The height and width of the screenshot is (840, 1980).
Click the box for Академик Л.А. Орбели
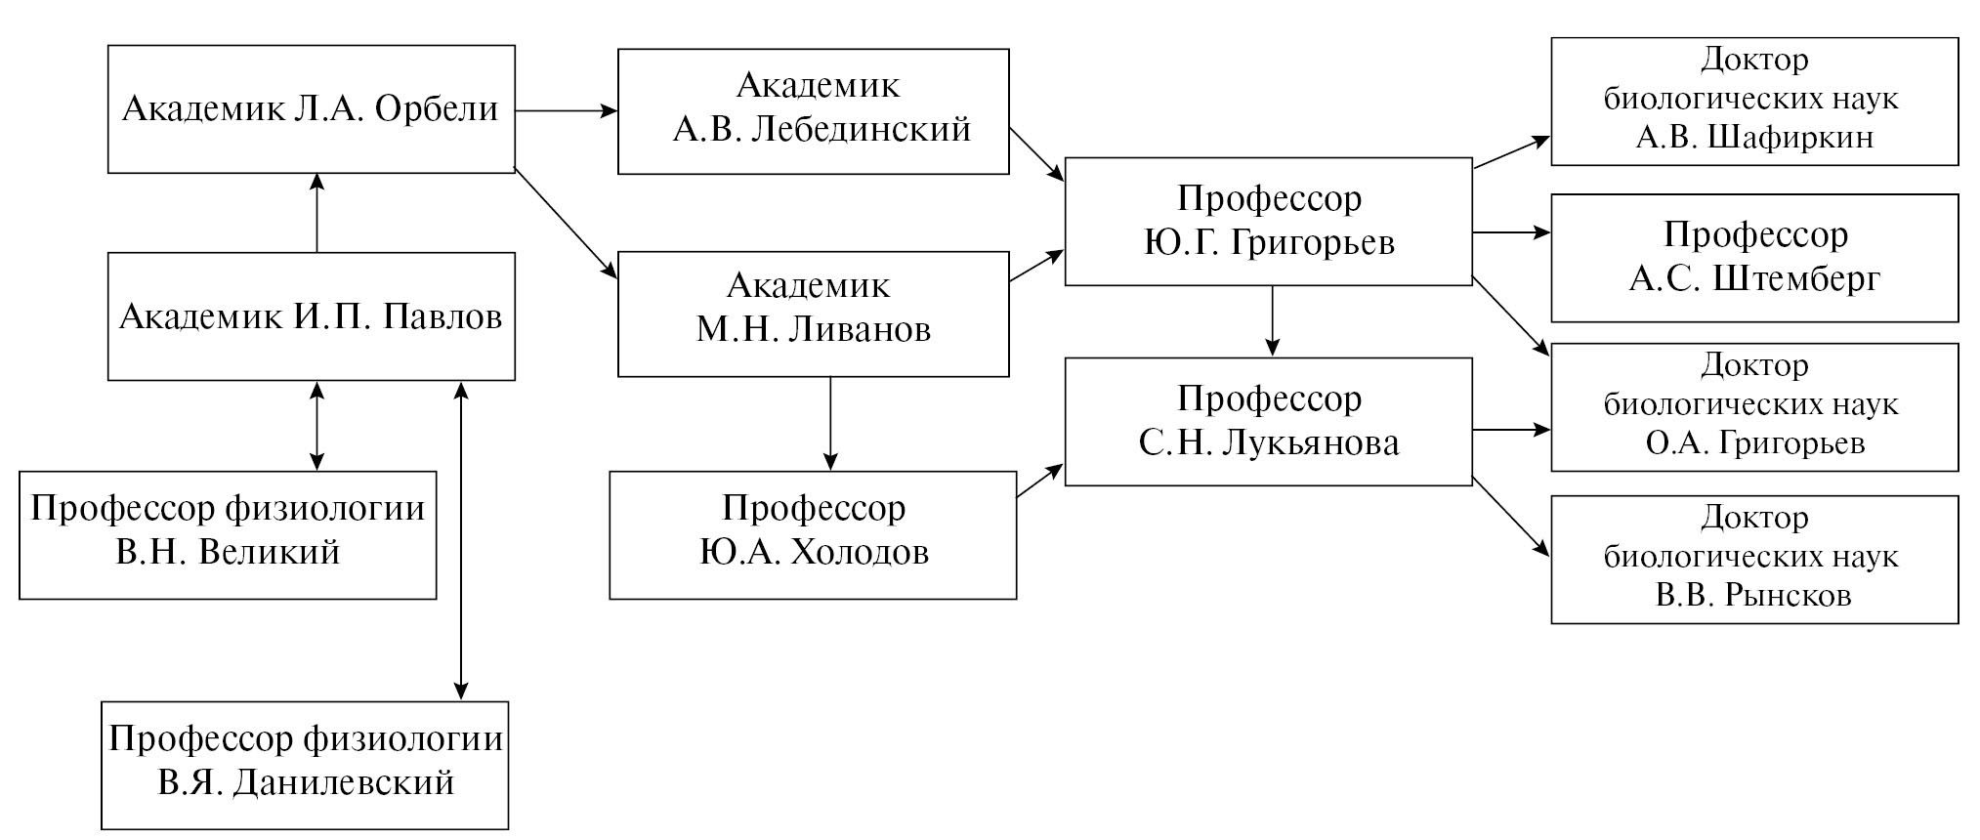point(311,108)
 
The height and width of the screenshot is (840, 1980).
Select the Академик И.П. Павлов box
point(311,316)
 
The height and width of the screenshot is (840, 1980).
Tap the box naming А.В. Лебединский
point(813,111)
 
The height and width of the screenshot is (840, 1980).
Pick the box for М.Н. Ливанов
point(813,314)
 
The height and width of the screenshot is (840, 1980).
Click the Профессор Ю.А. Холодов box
point(813,535)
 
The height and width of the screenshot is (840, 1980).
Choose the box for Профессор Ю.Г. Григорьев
point(1268,222)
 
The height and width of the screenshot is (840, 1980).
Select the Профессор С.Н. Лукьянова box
point(1268,421)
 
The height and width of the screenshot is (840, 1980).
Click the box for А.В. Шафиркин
point(1754,102)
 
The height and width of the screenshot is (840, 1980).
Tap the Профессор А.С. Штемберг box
point(1754,258)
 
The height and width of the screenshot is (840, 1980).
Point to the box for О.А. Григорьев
point(1754,406)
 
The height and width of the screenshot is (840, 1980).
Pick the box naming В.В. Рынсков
point(1754,559)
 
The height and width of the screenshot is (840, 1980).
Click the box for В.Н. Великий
point(228,535)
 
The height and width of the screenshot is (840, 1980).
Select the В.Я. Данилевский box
point(305,765)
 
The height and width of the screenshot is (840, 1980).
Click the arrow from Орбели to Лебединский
point(566,111)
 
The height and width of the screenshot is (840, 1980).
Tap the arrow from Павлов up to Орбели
point(316,213)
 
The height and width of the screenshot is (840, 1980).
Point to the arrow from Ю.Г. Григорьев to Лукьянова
point(1271,321)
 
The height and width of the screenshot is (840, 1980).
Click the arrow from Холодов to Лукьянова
point(1040,482)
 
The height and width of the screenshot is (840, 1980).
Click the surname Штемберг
point(1796,279)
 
